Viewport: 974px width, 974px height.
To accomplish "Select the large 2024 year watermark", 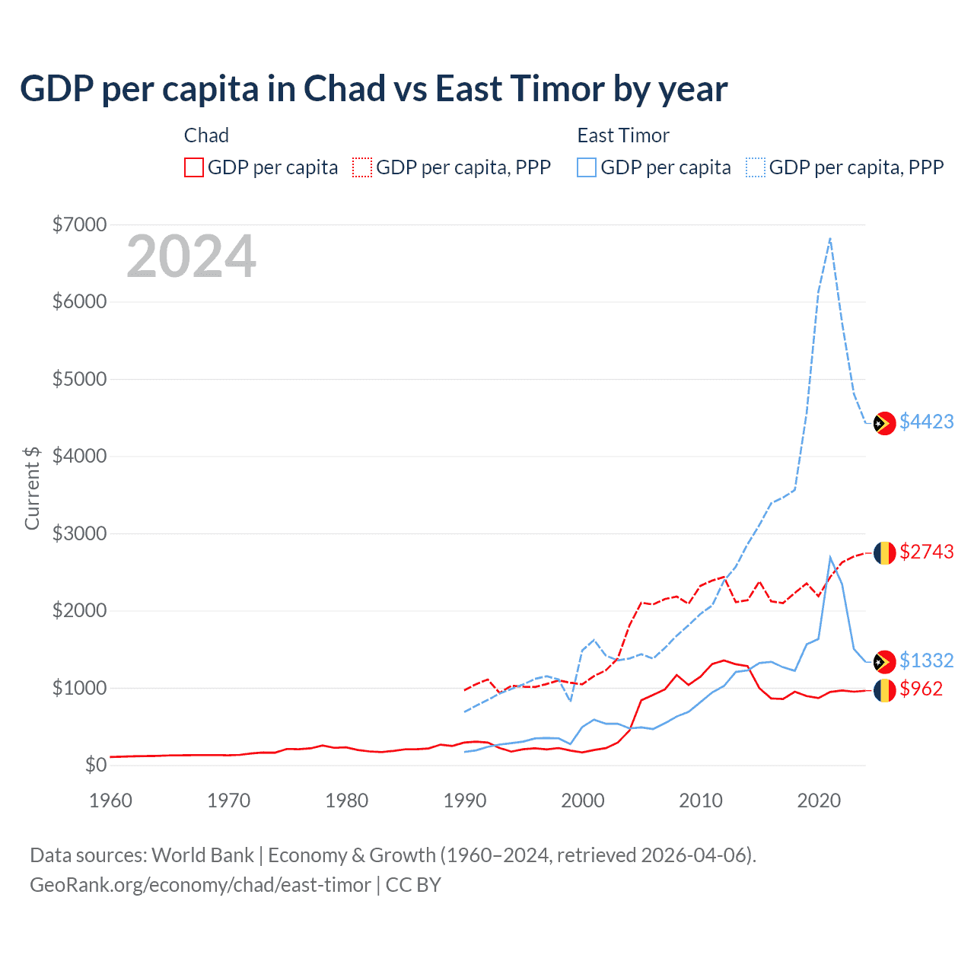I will [x=191, y=257].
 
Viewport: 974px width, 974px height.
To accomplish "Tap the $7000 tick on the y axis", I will [x=79, y=224].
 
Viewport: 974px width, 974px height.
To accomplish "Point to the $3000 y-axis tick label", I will [x=79, y=533].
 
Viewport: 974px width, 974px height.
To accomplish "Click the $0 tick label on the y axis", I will [x=95, y=765].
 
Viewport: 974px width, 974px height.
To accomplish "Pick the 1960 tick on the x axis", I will [x=110, y=801].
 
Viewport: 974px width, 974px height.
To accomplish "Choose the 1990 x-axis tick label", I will [x=464, y=801].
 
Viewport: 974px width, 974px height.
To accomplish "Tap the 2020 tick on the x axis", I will [x=819, y=801].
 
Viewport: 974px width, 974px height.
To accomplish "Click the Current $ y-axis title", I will [x=32, y=488].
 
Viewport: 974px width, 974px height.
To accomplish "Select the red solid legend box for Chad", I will [x=194, y=167].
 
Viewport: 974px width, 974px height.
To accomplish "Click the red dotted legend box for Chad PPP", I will [x=362, y=167].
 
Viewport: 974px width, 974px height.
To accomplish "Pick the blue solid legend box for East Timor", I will [x=587, y=167].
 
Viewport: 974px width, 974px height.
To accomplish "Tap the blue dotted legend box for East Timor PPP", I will [x=756, y=167].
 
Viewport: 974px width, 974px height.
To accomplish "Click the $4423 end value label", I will [x=926, y=422].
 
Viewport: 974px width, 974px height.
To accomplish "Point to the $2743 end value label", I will [x=926, y=552].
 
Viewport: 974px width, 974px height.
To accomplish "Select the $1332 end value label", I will [x=926, y=660].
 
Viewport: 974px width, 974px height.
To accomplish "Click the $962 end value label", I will [x=921, y=689].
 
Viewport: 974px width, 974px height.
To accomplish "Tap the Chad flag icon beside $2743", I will [x=884, y=552].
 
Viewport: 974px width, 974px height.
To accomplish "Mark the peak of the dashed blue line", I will [x=830, y=238].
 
